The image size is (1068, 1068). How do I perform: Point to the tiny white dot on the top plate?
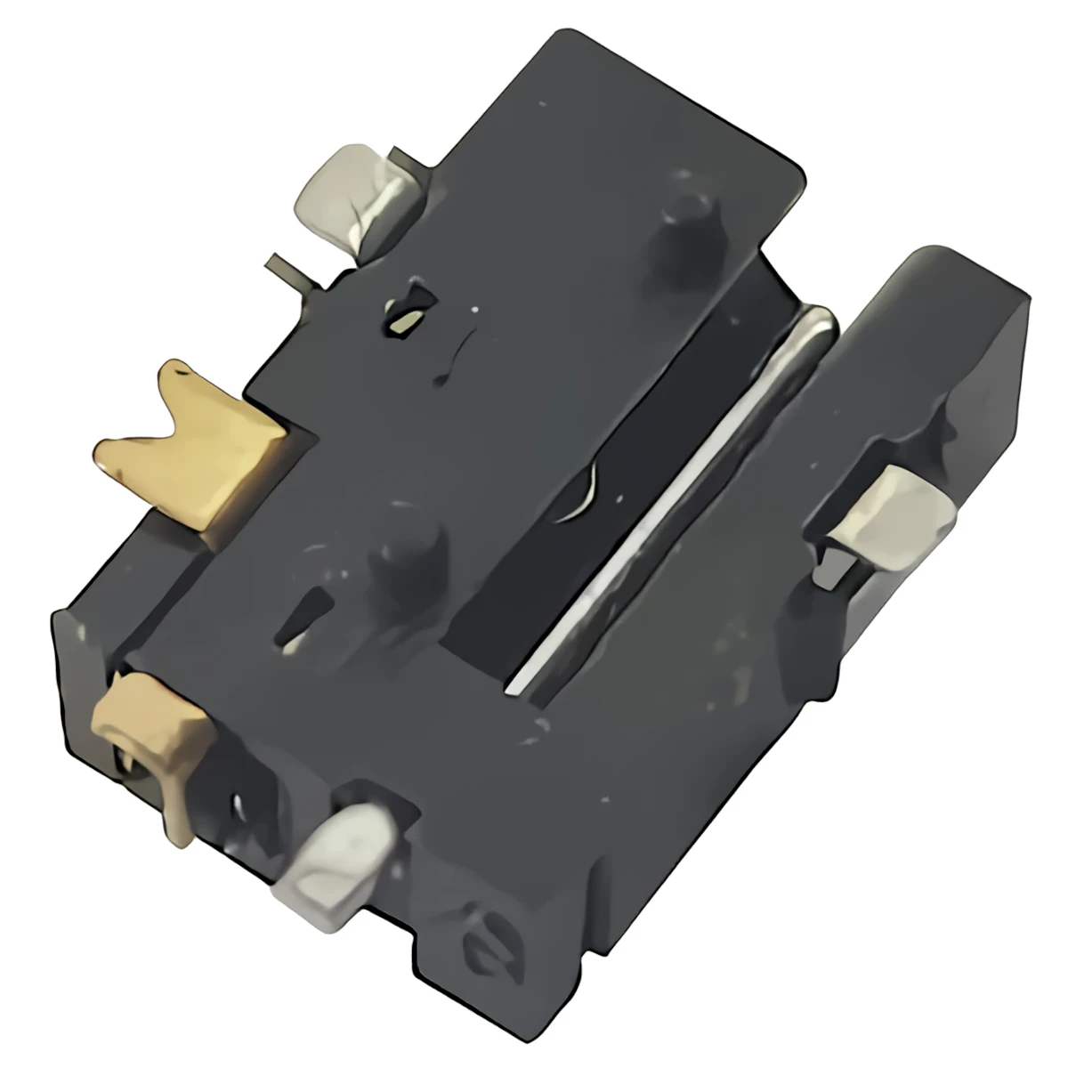pyautogui.click(x=473, y=311)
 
